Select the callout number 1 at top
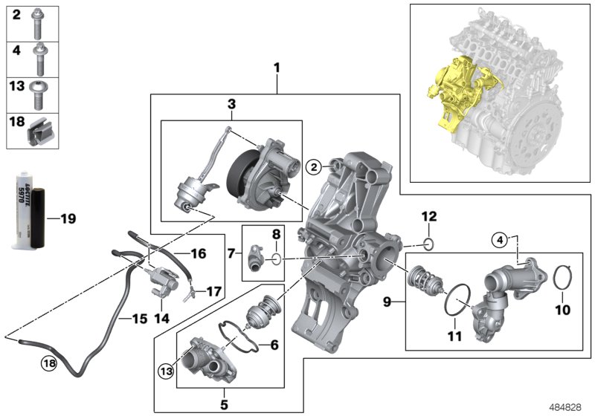click(277, 68)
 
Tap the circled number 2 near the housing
click(315, 167)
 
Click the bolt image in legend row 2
click(39, 25)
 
